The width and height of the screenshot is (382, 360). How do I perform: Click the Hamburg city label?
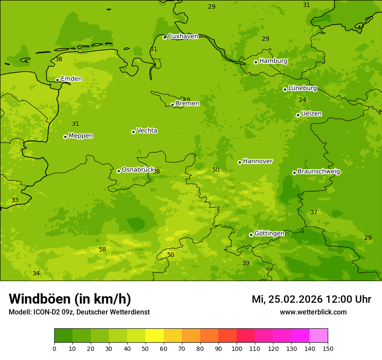point(273,61)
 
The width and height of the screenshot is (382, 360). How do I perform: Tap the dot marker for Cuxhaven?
point(165,37)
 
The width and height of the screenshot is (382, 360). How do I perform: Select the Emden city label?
point(71,79)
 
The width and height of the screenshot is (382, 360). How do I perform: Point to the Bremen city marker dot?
point(172,105)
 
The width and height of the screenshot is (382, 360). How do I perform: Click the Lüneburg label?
point(302,88)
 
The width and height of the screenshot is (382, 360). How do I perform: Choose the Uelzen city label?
point(311,114)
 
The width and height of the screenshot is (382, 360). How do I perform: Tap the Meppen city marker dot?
point(65,137)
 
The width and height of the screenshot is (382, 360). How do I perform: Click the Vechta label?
point(147,131)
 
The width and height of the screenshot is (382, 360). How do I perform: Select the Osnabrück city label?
point(138,170)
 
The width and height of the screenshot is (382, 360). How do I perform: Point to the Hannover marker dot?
point(240,162)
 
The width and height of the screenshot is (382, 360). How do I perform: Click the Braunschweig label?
point(319,172)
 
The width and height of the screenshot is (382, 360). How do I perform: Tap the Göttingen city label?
point(269,234)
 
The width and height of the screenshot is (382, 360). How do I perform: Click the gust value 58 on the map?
point(102,250)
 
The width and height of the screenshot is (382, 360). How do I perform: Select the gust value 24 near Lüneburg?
point(302,100)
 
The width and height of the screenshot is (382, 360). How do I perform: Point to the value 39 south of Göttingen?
point(246,263)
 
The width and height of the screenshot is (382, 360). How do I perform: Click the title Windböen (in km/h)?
point(70,299)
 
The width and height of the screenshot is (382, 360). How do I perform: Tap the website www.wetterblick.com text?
point(313,312)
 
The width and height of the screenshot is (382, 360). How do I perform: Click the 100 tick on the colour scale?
point(237,348)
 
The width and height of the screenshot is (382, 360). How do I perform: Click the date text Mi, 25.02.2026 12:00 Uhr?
point(311,299)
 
